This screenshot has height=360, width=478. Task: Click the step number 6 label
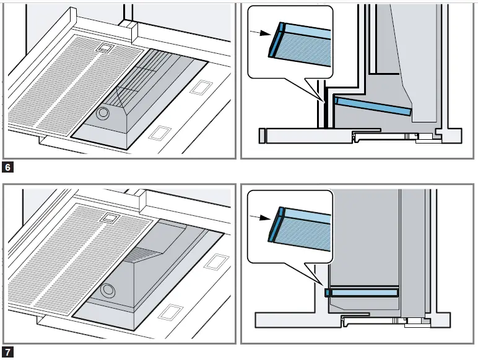7,167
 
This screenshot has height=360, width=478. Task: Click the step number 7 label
7,353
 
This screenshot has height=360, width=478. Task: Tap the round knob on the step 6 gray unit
103,113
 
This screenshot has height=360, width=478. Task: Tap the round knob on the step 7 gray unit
110,289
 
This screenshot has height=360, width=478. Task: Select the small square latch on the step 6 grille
105,48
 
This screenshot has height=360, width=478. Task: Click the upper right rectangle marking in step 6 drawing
199,88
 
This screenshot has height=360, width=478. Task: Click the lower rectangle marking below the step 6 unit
161,131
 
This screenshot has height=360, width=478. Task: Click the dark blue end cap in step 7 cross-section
327,291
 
